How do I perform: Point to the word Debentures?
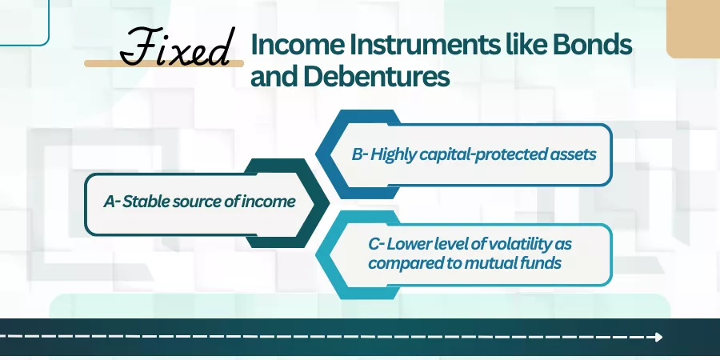coord(376,76)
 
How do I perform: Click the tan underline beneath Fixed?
coord(164,63)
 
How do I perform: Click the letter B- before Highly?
coord(360,154)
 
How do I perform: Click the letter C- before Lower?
coord(376,244)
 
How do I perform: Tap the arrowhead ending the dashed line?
coord(658,337)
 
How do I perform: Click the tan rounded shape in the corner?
coord(693,29)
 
